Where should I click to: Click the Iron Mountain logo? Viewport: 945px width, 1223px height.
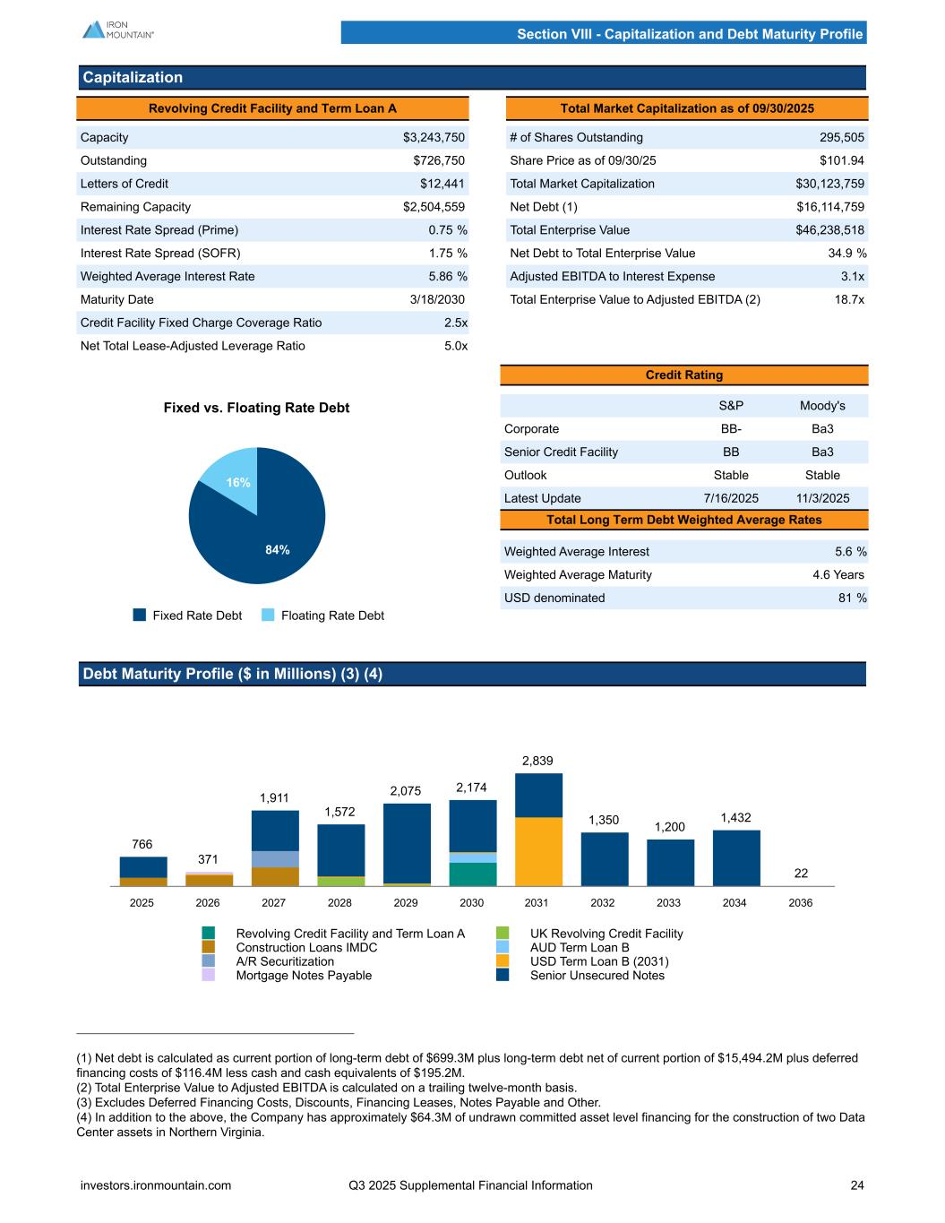pyautogui.click(x=117, y=30)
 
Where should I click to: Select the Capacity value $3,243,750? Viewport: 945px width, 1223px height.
pyautogui.click(x=434, y=137)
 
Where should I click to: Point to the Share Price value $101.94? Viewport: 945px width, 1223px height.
pyautogui.click(x=841, y=160)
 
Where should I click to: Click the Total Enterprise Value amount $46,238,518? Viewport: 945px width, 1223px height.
pyautogui.click(x=829, y=230)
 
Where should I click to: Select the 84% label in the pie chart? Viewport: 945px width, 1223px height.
pyautogui.click(x=278, y=550)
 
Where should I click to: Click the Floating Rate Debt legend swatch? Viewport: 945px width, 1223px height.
pyautogui.click(x=269, y=616)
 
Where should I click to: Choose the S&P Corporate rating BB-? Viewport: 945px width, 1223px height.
pyautogui.click(x=730, y=429)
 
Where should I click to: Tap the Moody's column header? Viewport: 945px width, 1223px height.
pyautogui.click(x=822, y=406)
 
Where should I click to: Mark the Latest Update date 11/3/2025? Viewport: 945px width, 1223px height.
pyautogui.click(x=822, y=498)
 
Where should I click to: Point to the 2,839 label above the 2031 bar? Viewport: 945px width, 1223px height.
pyautogui.click(x=537, y=761)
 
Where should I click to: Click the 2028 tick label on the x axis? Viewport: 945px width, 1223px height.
pyautogui.click(x=339, y=903)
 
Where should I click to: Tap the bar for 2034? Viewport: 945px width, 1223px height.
pyautogui.click(x=736, y=858)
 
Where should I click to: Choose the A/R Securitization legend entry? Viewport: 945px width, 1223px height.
pyautogui.click(x=285, y=961)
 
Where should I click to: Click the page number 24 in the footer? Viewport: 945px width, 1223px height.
pyautogui.click(x=857, y=1185)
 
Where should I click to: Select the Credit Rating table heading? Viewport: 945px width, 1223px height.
pyautogui.click(x=684, y=375)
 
